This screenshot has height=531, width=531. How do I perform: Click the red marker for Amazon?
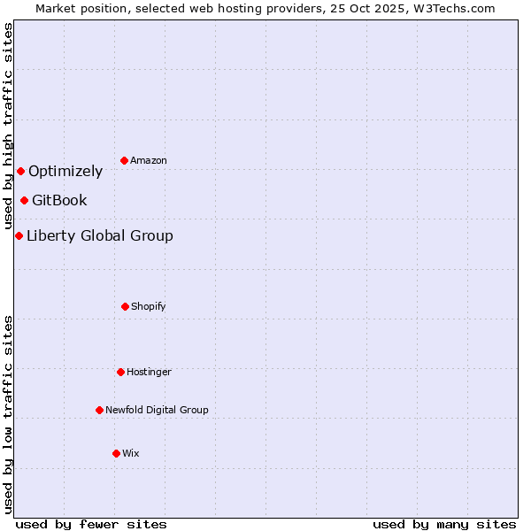click(x=124, y=160)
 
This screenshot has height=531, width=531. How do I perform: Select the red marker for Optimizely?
click(x=20, y=171)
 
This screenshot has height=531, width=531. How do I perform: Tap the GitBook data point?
click(x=24, y=200)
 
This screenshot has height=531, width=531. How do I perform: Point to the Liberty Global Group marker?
click(x=19, y=235)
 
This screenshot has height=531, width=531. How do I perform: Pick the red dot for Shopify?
click(x=125, y=306)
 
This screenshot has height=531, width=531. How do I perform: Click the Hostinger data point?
click(x=120, y=372)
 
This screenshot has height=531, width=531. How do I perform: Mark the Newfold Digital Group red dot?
click(x=99, y=410)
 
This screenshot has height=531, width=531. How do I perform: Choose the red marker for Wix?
click(x=116, y=453)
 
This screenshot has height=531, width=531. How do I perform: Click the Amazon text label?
click(x=149, y=160)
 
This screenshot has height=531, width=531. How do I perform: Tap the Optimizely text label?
click(x=65, y=172)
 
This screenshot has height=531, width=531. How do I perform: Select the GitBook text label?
click(x=59, y=201)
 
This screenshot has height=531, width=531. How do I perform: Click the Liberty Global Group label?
click(x=100, y=235)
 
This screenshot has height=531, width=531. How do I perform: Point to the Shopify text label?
click(x=149, y=306)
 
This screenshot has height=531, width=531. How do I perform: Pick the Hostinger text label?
click(x=149, y=372)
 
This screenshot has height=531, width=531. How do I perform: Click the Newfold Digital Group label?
click(x=157, y=410)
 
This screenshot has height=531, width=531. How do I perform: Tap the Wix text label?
click(x=131, y=453)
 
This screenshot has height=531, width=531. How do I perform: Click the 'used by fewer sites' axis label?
click(x=91, y=524)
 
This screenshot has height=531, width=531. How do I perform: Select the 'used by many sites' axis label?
click(x=444, y=524)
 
